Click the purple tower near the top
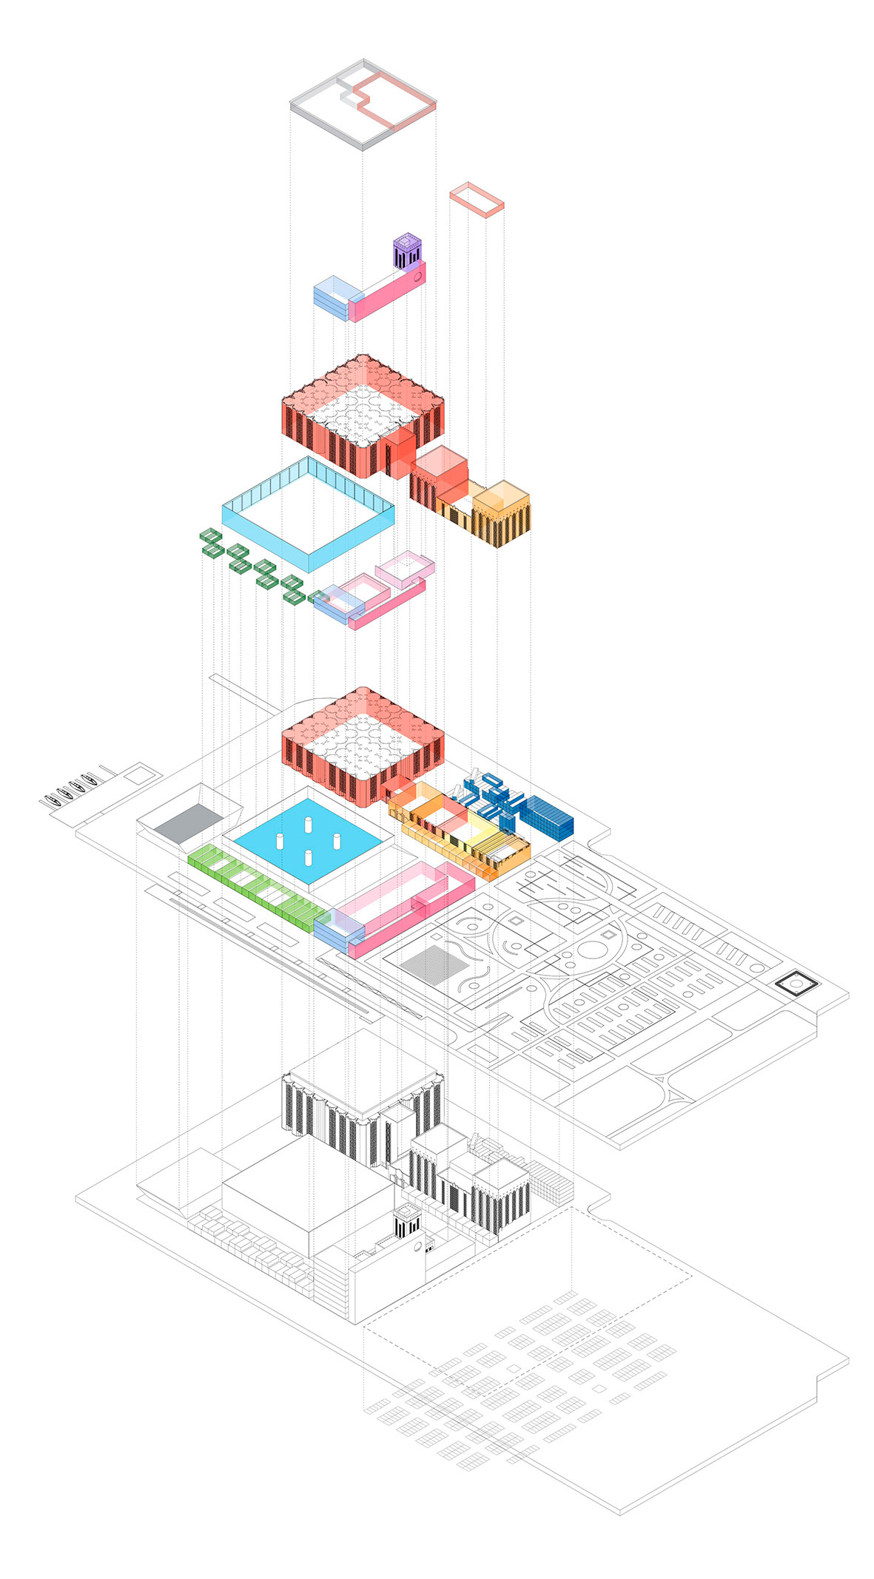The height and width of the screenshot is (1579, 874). pyautogui.click(x=406, y=251)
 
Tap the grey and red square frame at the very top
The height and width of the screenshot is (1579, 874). pyautogui.click(x=363, y=104)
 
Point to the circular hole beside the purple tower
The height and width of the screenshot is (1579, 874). pyautogui.click(x=417, y=278)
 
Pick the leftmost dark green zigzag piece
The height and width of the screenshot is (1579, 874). pyautogui.click(x=211, y=542)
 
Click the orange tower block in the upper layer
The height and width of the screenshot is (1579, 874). pyautogui.click(x=502, y=513)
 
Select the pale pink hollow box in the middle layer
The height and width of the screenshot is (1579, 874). pyautogui.click(x=405, y=569)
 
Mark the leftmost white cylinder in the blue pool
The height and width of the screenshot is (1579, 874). pyautogui.click(x=280, y=841)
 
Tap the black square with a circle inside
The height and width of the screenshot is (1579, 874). pyautogui.click(x=796, y=984)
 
